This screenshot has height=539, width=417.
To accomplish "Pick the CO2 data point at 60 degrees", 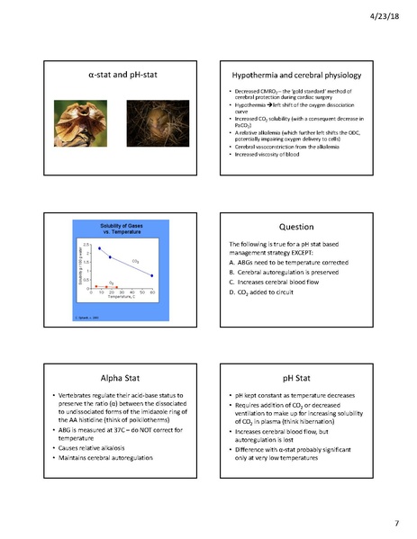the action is [151, 275].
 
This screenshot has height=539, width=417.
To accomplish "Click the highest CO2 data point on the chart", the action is [100, 248].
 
